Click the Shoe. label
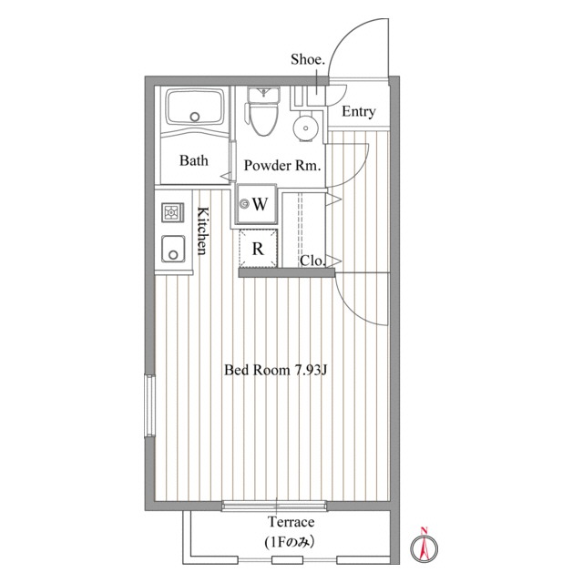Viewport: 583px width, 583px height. [308, 59]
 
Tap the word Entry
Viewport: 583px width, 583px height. [358, 111]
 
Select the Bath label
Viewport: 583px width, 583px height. [194, 160]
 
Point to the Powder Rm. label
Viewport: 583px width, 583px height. [282, 165]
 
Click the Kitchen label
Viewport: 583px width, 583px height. [203, 230]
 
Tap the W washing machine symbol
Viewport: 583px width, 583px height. [257, 204]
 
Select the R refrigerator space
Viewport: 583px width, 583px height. [258, 249]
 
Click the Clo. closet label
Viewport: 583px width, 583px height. [312, 261]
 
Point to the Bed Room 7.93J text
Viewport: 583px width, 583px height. [275, 370]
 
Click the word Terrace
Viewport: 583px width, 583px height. [291, 522]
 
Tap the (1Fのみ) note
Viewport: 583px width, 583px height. [290, 543]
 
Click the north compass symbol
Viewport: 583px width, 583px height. [424, 545]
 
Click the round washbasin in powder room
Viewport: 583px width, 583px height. [305, 128]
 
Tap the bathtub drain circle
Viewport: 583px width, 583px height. [194, 117]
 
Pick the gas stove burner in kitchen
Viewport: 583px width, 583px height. [172, 213]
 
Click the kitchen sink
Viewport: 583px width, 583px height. [173, 249]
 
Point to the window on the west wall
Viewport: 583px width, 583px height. [149, 405]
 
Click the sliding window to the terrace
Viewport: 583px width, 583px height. [274, 506]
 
